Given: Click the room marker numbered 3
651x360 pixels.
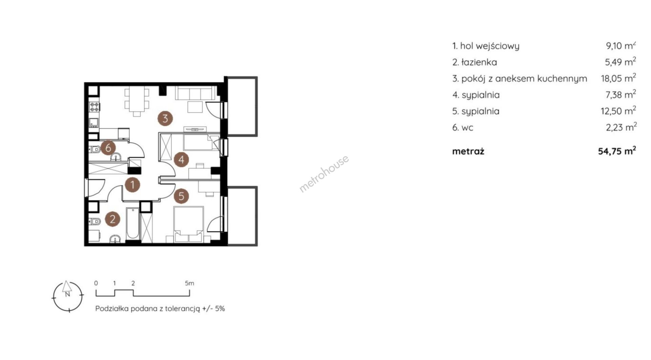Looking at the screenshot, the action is tap(165, 118).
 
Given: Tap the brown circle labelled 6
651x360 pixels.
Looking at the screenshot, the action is tap(108, 148).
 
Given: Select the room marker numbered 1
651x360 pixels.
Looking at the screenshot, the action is tap(132, 185).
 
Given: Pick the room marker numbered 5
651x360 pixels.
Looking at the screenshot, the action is tap(181, 196).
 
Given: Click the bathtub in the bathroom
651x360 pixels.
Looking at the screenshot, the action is tap(132, 223).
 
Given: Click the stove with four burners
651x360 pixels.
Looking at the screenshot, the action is tap(94, 107).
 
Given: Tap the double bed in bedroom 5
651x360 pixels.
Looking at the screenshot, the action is tap(189, 224).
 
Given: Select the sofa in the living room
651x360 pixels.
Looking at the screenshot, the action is tap(195, 93).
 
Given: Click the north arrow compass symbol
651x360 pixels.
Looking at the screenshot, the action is tap(67, 296).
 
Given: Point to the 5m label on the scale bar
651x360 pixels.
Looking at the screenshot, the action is tap(190, 283).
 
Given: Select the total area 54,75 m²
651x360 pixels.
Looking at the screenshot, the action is tap(617, 151).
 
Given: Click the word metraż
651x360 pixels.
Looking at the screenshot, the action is tap(468, 151).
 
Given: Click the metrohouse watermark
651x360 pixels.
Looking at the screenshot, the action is tap(324, 174).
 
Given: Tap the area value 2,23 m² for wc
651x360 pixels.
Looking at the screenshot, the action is tap(621, 127).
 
